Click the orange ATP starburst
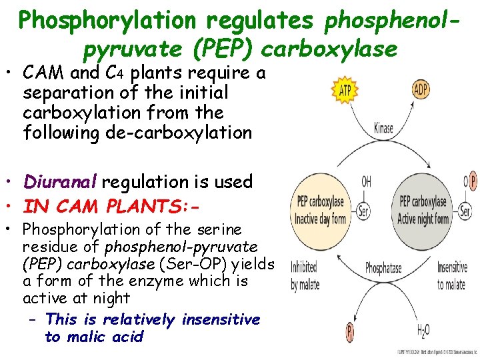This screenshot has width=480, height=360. pyautogui.click(x=345, y=90)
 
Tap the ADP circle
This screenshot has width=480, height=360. pyautogui.click(x=421, y=89)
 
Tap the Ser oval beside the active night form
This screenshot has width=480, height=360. pyautogui.click(x=465, y=211)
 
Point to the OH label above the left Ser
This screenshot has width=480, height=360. pyautogui.click(x=366, y=181)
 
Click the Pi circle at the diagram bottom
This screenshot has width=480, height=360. pyautogui.click(x=349, y=329)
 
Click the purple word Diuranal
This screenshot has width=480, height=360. pyautogui.click(x=60, y=182)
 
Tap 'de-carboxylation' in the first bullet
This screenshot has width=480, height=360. pyautogui.click(x=179, y=133)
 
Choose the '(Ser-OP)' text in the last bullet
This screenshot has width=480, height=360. pyautogui.click(x=185, y=264)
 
